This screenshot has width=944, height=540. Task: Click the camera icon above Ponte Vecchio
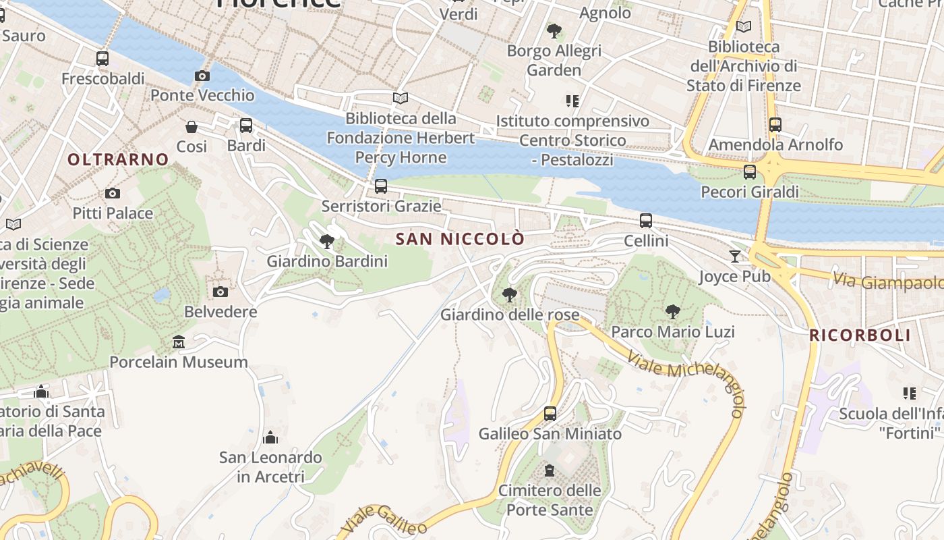(x=202, y=76)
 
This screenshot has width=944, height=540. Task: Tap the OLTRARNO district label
(x=118, y=160)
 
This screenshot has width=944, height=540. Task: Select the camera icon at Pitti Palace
(x=113, y=194)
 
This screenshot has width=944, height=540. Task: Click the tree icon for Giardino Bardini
(x=327, y=241)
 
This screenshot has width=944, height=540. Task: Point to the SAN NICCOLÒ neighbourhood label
(x=460, y=239)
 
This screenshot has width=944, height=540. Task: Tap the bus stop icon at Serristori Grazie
(x=381, y=186)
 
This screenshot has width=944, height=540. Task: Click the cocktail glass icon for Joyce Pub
(x=734, y=256)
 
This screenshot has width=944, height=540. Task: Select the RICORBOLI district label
(x=860, y=335)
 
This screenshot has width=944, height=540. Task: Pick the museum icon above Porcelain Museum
(x=178, y=342)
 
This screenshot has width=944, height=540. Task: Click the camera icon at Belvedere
(x=220, y=292)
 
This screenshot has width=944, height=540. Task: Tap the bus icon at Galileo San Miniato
(x=550, y=413)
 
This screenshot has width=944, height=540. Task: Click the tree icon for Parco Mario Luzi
(x=672, y=311)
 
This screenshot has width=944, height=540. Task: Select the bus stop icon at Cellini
(x=646, y=220)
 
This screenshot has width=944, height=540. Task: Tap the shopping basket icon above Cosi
(x=191, y=126)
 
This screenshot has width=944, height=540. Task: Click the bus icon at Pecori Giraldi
(x=750, y=171)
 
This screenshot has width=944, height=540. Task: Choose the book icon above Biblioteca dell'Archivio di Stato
(x=744, y=27)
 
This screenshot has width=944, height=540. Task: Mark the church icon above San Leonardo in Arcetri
(x=270, y=437)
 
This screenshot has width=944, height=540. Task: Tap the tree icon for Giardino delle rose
(x=510, y=294)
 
